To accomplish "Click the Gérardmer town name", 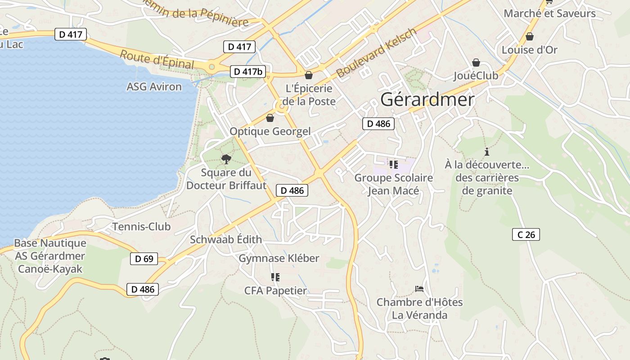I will [x=427, y=99].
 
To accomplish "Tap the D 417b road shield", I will [x=248, y=71].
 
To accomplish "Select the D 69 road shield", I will [x=144, y=259].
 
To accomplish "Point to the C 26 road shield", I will [x=526, y=234].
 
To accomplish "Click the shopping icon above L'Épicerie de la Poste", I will [x=309, y=75].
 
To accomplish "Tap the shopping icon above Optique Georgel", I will [x=270, y=118].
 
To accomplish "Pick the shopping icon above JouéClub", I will [x=476, y=63].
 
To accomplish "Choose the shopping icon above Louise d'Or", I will [x=530, y=36].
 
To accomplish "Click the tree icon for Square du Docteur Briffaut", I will [x=226, y=159].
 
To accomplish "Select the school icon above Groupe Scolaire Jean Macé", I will [x=394, y=165].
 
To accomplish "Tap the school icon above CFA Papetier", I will [x=275, y=277].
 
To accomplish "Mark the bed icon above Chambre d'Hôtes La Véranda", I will [x=419, y=288].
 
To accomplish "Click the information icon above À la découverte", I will [x=486, y=152].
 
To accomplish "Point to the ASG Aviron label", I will [x=154, y=86].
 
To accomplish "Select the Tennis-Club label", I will [x=141, y=226].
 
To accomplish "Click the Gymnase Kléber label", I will [x=279, y=258].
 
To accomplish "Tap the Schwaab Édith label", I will [x=226, y=239].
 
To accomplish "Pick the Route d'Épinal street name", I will [x=157, y=60].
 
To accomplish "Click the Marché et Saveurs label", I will [x=549, y=13].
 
